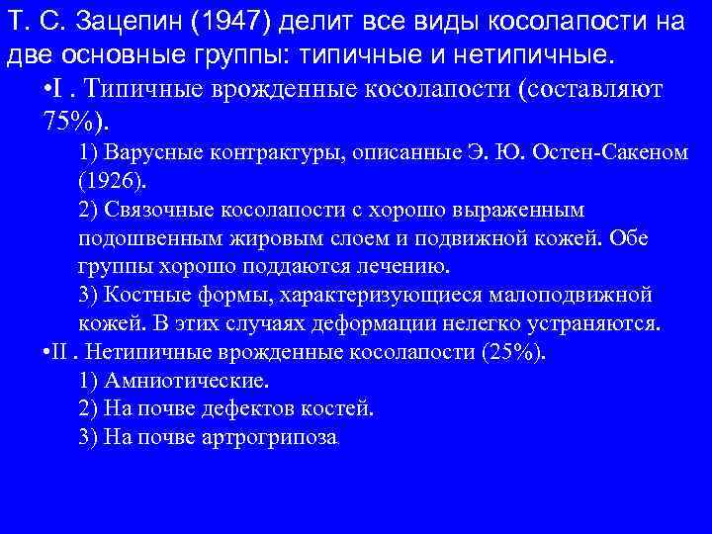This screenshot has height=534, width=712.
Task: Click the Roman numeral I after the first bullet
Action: (61, 88)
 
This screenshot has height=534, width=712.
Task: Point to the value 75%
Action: (71, 122)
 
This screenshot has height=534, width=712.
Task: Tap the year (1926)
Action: (111, 181)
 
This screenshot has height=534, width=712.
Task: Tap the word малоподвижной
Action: (578, 296)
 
